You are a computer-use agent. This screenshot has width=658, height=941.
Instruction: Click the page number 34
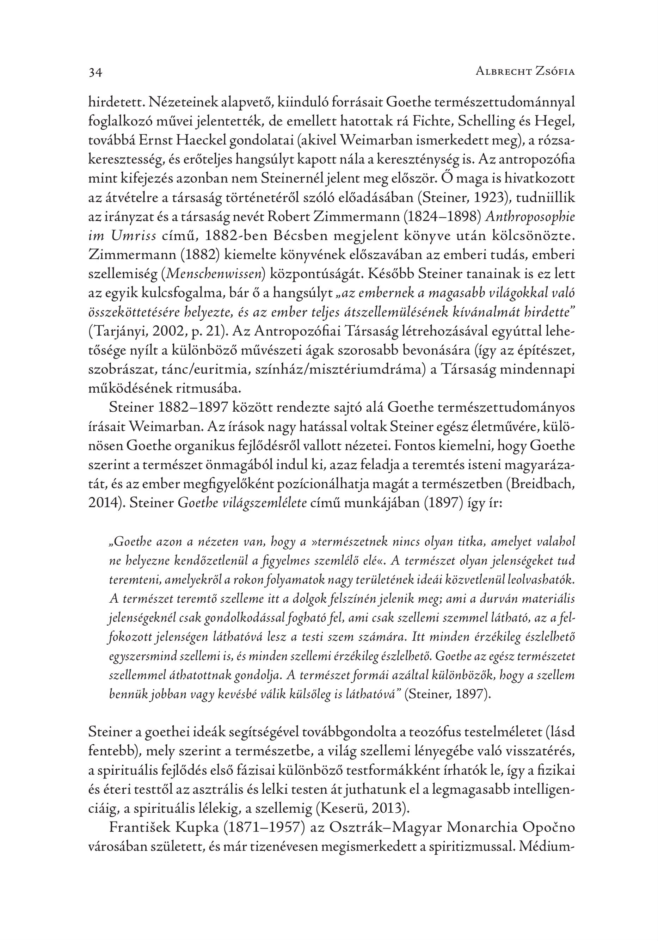point(95,73)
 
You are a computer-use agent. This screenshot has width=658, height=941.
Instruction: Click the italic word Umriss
point(135,236)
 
